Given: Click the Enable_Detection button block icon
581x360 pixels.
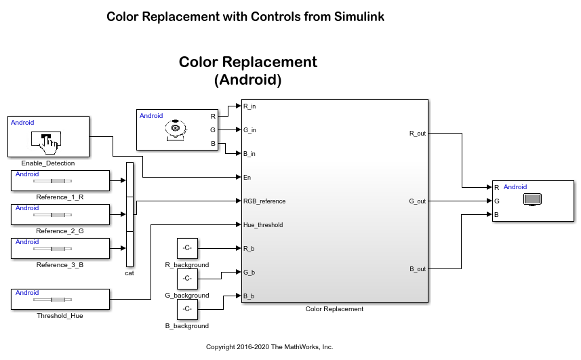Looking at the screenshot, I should [x=45, y=140].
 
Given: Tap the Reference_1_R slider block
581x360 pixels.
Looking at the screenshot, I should [x=60, y=180].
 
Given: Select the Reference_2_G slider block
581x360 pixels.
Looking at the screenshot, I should [x=60, y=214].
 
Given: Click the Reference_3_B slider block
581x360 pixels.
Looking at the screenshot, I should [x=60, y=248].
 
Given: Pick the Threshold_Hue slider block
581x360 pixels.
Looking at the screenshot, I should [x=60, y=299].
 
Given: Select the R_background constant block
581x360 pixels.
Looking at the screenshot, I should [x=186, y=249].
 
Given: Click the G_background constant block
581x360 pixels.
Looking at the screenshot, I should [x=186, y=279].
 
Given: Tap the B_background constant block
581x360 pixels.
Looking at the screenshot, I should [x=186, y=309].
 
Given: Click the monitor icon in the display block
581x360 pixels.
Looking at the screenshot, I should [x=532, y=200].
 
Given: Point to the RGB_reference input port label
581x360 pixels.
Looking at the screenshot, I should [x=264, y=201].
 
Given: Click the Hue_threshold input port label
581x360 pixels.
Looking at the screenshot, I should [x=262, y=225].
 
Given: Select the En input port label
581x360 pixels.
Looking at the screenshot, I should [x=247, y=178].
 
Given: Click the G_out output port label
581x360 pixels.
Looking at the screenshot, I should [x=417, y=201].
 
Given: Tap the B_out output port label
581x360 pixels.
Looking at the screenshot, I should [x=417, y=269].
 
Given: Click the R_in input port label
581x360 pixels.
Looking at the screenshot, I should [x=249, y=106].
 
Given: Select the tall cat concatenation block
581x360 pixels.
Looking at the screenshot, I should [x=130, y=214].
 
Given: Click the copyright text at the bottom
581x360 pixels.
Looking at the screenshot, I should [x=269, y=347].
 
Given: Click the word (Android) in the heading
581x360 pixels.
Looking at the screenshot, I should [x=247, y=80].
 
